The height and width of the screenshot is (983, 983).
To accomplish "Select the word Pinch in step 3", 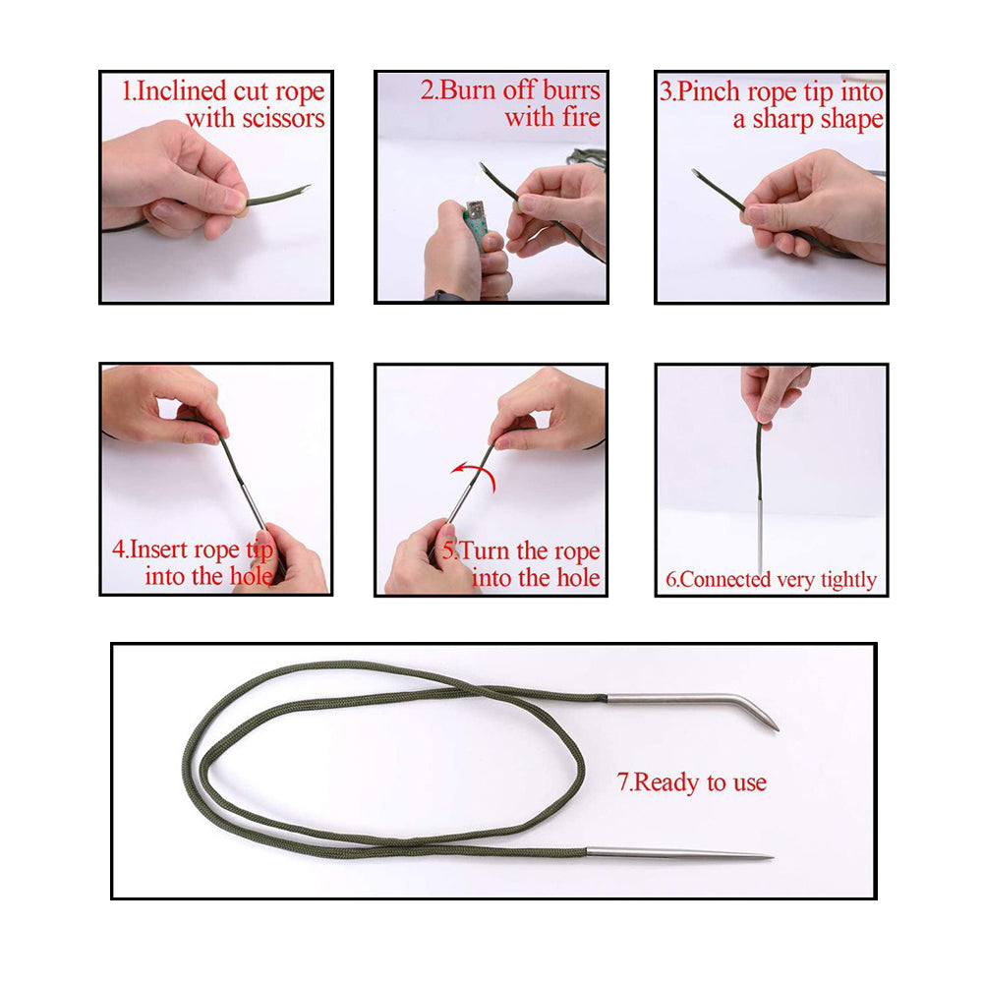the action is (x=709, y=92).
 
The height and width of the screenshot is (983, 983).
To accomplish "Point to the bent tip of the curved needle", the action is (x=777, y=728).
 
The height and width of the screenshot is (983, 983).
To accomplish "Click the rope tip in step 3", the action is (x=695, y=171).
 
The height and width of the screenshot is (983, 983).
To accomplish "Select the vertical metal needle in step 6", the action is (x=761, y=538).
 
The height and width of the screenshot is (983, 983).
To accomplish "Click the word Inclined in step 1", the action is (x=181, y=90).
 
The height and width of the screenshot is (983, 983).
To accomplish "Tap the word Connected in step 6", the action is (x=724, y=580).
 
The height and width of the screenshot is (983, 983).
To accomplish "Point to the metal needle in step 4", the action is (x=254, y=504).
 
